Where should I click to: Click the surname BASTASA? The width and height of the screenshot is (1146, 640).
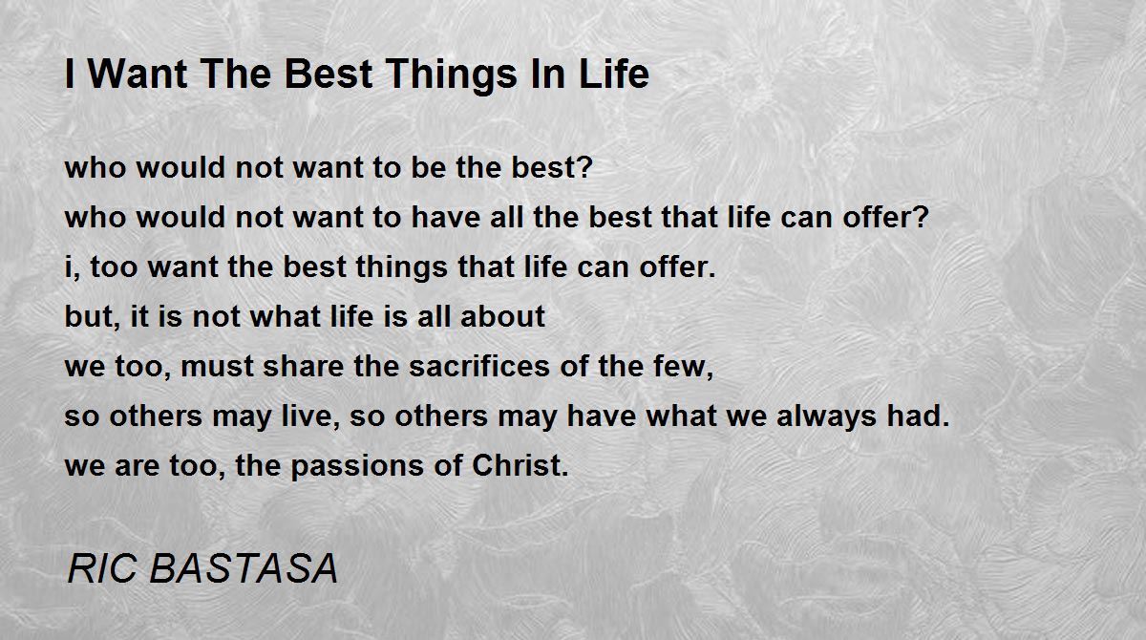coord(244,568)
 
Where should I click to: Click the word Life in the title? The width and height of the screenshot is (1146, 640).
coord(614,74)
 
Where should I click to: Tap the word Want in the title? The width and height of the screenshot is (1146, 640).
coord(138,74)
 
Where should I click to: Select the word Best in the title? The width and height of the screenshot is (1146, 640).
coord(328,74)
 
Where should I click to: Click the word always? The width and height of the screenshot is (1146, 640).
coord(826,417)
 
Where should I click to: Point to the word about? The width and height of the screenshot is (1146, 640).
coord(502,317)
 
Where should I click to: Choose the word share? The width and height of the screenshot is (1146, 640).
coord(303,366)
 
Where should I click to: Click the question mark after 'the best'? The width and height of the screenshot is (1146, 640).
coord(584,167)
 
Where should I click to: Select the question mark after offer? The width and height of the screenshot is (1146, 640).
coord(921,217)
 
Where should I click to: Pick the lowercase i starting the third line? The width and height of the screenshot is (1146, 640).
coord(69,267)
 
